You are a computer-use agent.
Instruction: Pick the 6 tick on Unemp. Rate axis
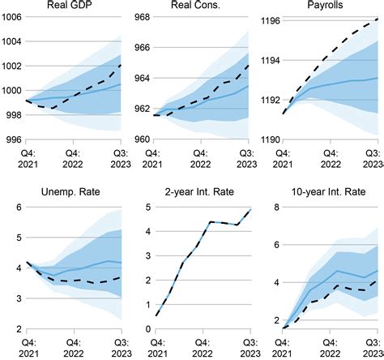coord(17,208)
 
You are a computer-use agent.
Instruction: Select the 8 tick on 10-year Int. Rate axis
coord(275,208)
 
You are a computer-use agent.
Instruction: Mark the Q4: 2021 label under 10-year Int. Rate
coord(284,346)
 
